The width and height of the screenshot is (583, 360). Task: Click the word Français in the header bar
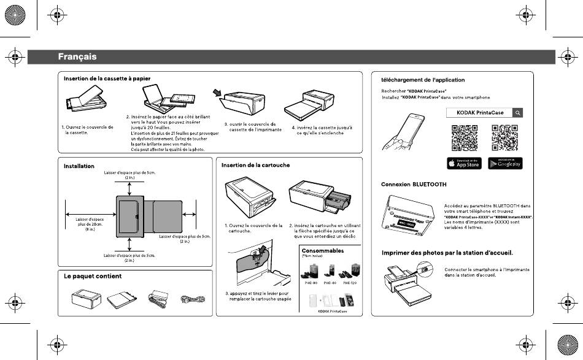[77, 57]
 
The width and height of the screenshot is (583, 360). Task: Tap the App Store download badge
[464, 163]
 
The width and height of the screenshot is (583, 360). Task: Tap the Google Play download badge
[504, 163]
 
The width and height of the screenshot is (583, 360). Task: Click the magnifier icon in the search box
[518, 113]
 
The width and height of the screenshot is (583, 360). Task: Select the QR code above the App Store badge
[465, 137]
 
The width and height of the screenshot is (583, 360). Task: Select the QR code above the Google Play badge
[504, 137]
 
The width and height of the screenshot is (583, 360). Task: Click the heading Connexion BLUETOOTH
[414, 184]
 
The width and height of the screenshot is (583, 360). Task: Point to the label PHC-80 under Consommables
[311, 283]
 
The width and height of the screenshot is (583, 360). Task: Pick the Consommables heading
[323, 251]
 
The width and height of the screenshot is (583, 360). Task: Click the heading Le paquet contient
[93, 276]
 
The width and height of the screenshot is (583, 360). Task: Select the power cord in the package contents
[190, 300]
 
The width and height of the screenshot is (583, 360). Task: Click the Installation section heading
[79, 166]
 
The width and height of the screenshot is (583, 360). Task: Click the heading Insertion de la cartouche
[255, 165]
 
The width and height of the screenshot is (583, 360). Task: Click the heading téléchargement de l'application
[423, 80]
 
